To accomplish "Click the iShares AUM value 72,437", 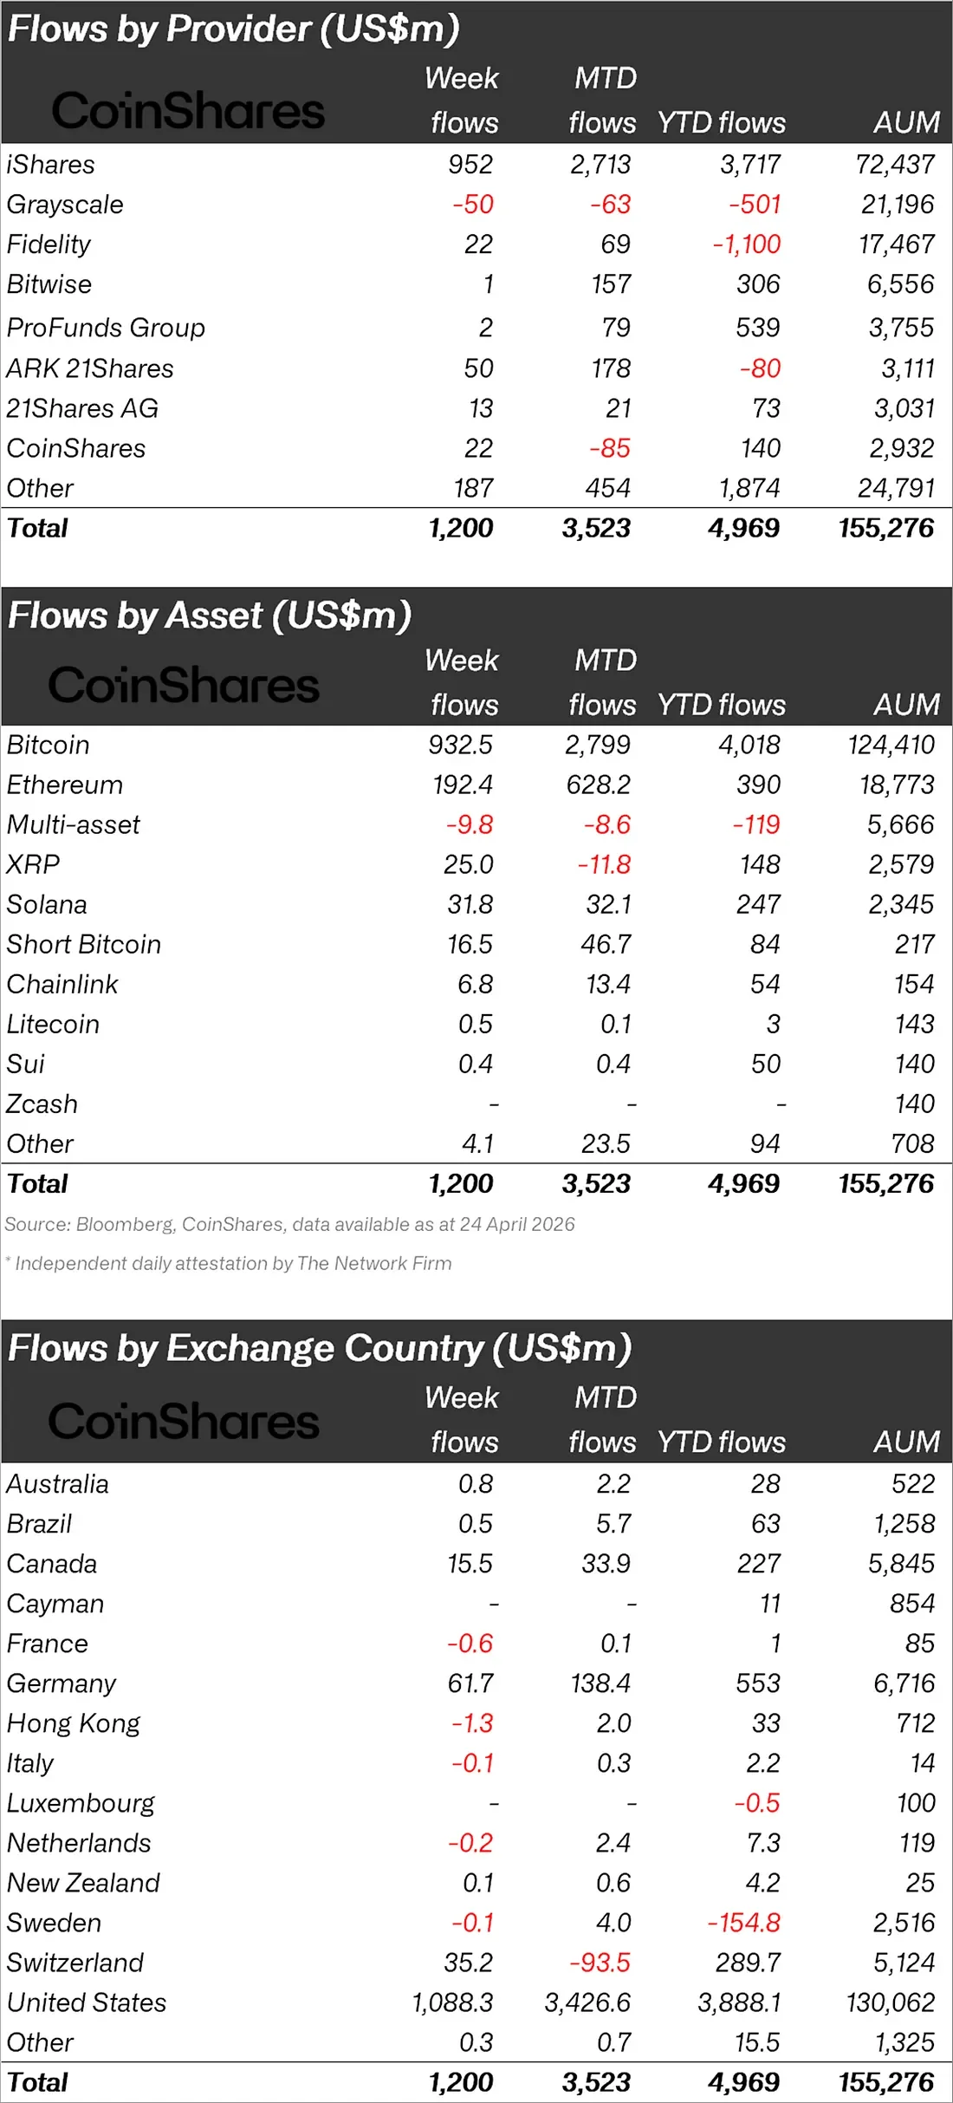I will [x=895, y=164].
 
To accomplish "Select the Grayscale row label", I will [x=65, y=205].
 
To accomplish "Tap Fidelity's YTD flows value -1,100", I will [x=746, y=244].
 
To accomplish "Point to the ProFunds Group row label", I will [x=106, y=328].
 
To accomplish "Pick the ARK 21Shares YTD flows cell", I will [x=760, y=368].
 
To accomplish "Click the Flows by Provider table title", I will [x=233, y=29].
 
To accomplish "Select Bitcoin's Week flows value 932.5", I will [x=460, y=745].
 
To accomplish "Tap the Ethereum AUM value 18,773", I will [x=897, y=785].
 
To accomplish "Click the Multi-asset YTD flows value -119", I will [x=756, y=824].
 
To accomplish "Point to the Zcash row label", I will [x=42, y=1104].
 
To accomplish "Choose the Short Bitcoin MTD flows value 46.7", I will [x=606, y=944].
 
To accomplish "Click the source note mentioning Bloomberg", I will [x=289, y=1224].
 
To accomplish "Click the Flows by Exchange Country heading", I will [x=320, y=1349].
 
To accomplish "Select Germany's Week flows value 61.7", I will [x=470, y=1683].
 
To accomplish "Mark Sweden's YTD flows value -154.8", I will [x=743, y=1923].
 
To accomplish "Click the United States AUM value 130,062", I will [x=890, y=2002].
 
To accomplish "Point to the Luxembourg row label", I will [x=81, y=1803].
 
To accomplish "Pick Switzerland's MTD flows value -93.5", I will [x=600, y=1963].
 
